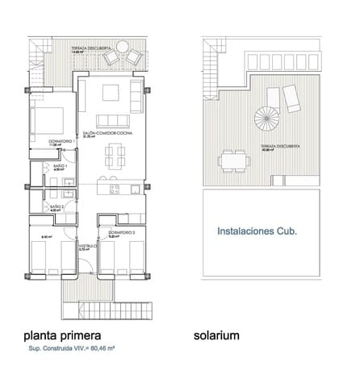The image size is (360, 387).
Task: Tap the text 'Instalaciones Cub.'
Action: pyautogui.click(x=257, y=231)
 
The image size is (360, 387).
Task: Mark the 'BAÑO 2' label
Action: pyautogui.click(x=57, y=206)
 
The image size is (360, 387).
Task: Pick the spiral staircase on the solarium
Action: pyautogui.click(x=266, y=121)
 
